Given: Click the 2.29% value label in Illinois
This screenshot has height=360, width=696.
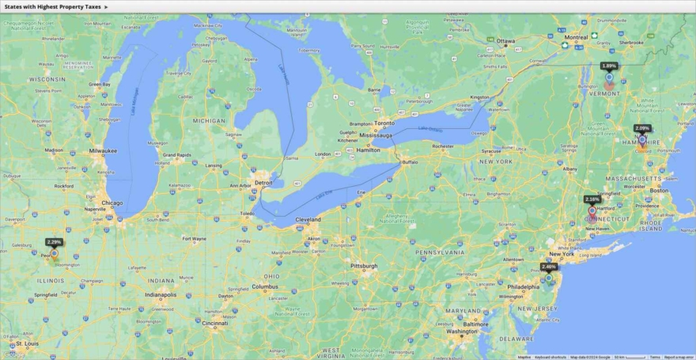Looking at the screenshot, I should coord(54,242).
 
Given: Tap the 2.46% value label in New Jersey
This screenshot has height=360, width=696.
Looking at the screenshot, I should coord(549,267).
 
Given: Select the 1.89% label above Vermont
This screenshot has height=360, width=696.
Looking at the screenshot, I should coord(609,66).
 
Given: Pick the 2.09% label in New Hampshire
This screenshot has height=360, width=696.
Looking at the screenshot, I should coord(642,128).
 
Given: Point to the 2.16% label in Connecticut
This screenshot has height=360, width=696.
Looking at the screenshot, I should coord(592,199).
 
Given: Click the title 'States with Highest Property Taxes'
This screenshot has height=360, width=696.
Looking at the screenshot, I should coord(52,6).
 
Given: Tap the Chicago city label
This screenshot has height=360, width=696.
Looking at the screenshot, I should coord(112,203).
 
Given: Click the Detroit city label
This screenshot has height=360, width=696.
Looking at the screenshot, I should coord(263,183).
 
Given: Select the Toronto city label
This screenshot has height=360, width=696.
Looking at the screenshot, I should coord(384,123).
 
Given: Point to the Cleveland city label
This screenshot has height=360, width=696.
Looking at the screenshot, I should coord(308,219).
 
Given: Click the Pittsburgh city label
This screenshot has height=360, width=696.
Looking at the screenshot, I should coord(364,266).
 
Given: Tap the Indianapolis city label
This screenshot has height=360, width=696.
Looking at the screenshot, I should coord(161,295).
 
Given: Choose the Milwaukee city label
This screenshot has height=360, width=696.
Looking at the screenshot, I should coord(103,150).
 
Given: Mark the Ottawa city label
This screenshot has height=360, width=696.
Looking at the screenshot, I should coord(505,41).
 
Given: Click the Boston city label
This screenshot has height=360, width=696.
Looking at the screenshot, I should coord(659,191).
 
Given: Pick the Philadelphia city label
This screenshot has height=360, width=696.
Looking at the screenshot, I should coord(524,286).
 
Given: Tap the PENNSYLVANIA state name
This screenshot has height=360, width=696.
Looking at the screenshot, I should coord(441,252).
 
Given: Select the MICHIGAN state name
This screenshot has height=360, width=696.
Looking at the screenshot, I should coord(210,121).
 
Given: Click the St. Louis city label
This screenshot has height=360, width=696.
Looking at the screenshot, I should coord(28,344).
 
